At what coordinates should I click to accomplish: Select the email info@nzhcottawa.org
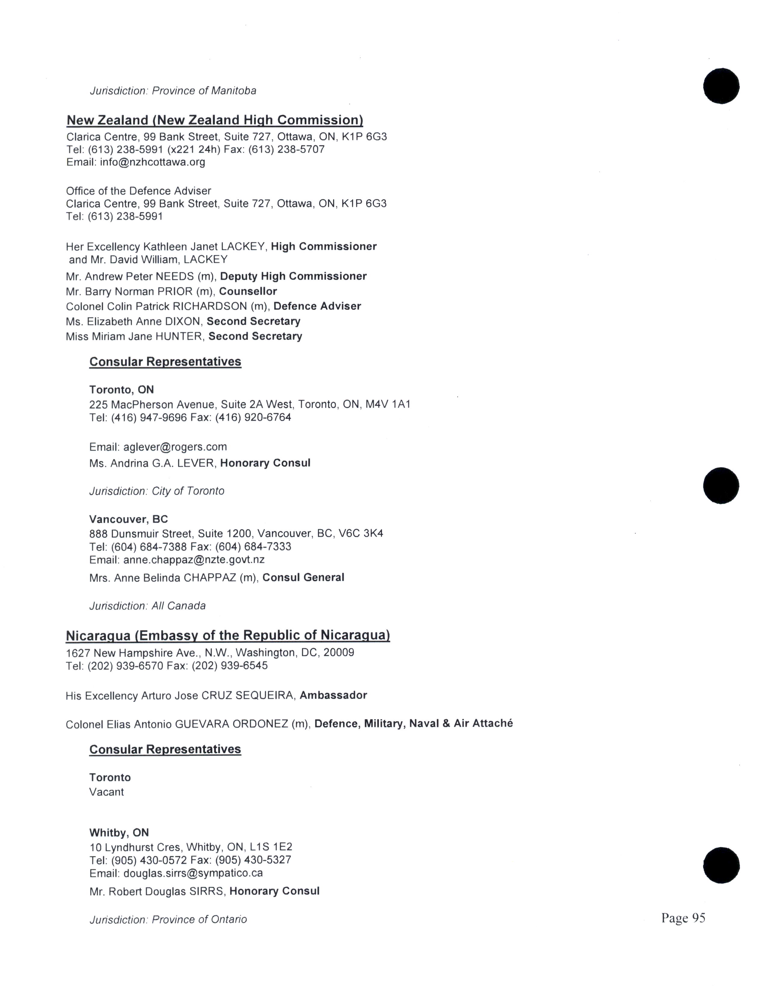coord(153,162)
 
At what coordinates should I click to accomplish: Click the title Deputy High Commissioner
coord(293,276)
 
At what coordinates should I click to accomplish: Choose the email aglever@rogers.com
coord(175,447)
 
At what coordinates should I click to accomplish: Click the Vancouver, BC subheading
coord(129,519)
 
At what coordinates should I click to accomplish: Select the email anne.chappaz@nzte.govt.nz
coord(194,560)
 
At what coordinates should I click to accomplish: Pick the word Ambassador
coord(333,695)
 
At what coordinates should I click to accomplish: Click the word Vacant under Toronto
coord(106,792)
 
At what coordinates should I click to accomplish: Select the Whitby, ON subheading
coord(119,833)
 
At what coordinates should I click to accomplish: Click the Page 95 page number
coord(683,918)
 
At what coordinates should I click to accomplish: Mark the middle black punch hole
coord(721,485)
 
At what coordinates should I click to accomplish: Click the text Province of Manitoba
coord(204,91)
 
